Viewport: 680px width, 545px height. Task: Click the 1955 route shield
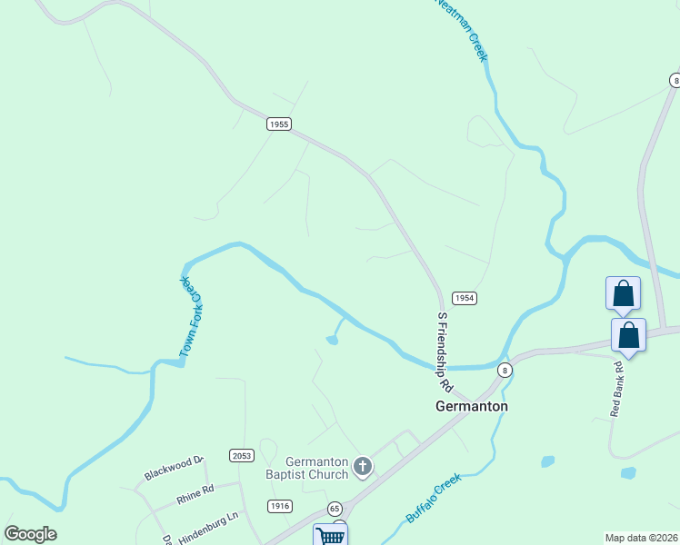pos(279,124)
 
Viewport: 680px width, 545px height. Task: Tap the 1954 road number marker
pos(464,298)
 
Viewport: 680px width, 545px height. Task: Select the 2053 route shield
pos(242,456)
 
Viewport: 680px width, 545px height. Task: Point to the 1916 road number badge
pos(279,505)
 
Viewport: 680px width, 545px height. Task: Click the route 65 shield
pos(335,509)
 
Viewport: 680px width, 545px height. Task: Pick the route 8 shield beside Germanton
pos(505,370)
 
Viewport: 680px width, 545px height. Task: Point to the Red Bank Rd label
pos(618,390)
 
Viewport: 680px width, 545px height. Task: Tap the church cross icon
pos(363,468)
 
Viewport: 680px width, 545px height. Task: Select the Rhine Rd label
pos(195,490)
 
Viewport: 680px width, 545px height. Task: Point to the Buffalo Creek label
pos(434,499)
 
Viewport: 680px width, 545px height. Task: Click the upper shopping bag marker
pos(623,294)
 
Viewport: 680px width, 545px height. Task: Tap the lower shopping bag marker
pos(628,335)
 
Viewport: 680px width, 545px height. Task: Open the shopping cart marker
pos(330,535)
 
